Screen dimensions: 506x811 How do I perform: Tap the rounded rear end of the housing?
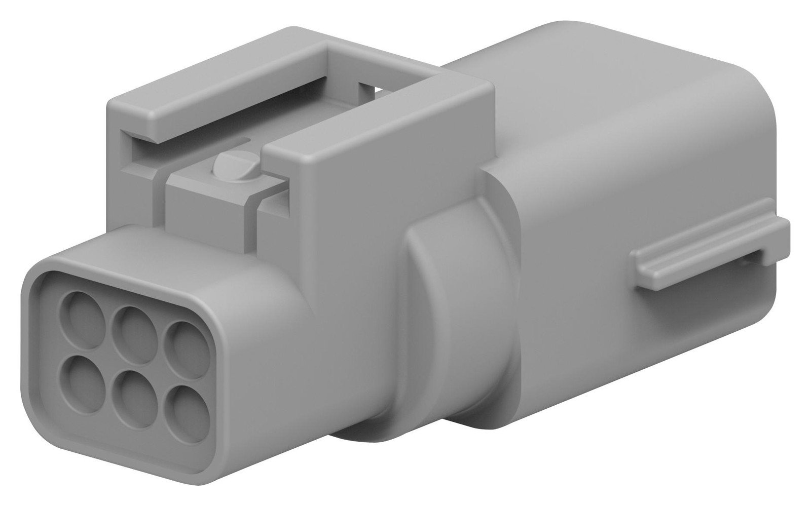[750, 152]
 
